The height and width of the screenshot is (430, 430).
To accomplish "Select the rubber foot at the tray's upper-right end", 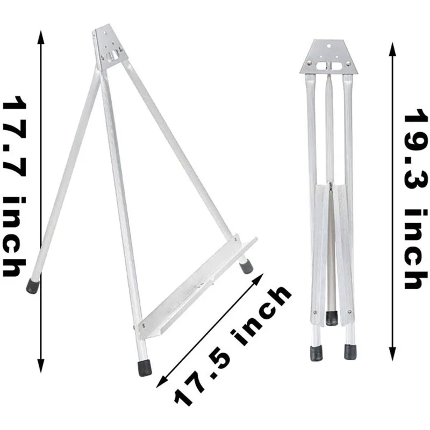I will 246,267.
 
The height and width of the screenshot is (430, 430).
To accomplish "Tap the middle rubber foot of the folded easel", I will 331,317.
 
